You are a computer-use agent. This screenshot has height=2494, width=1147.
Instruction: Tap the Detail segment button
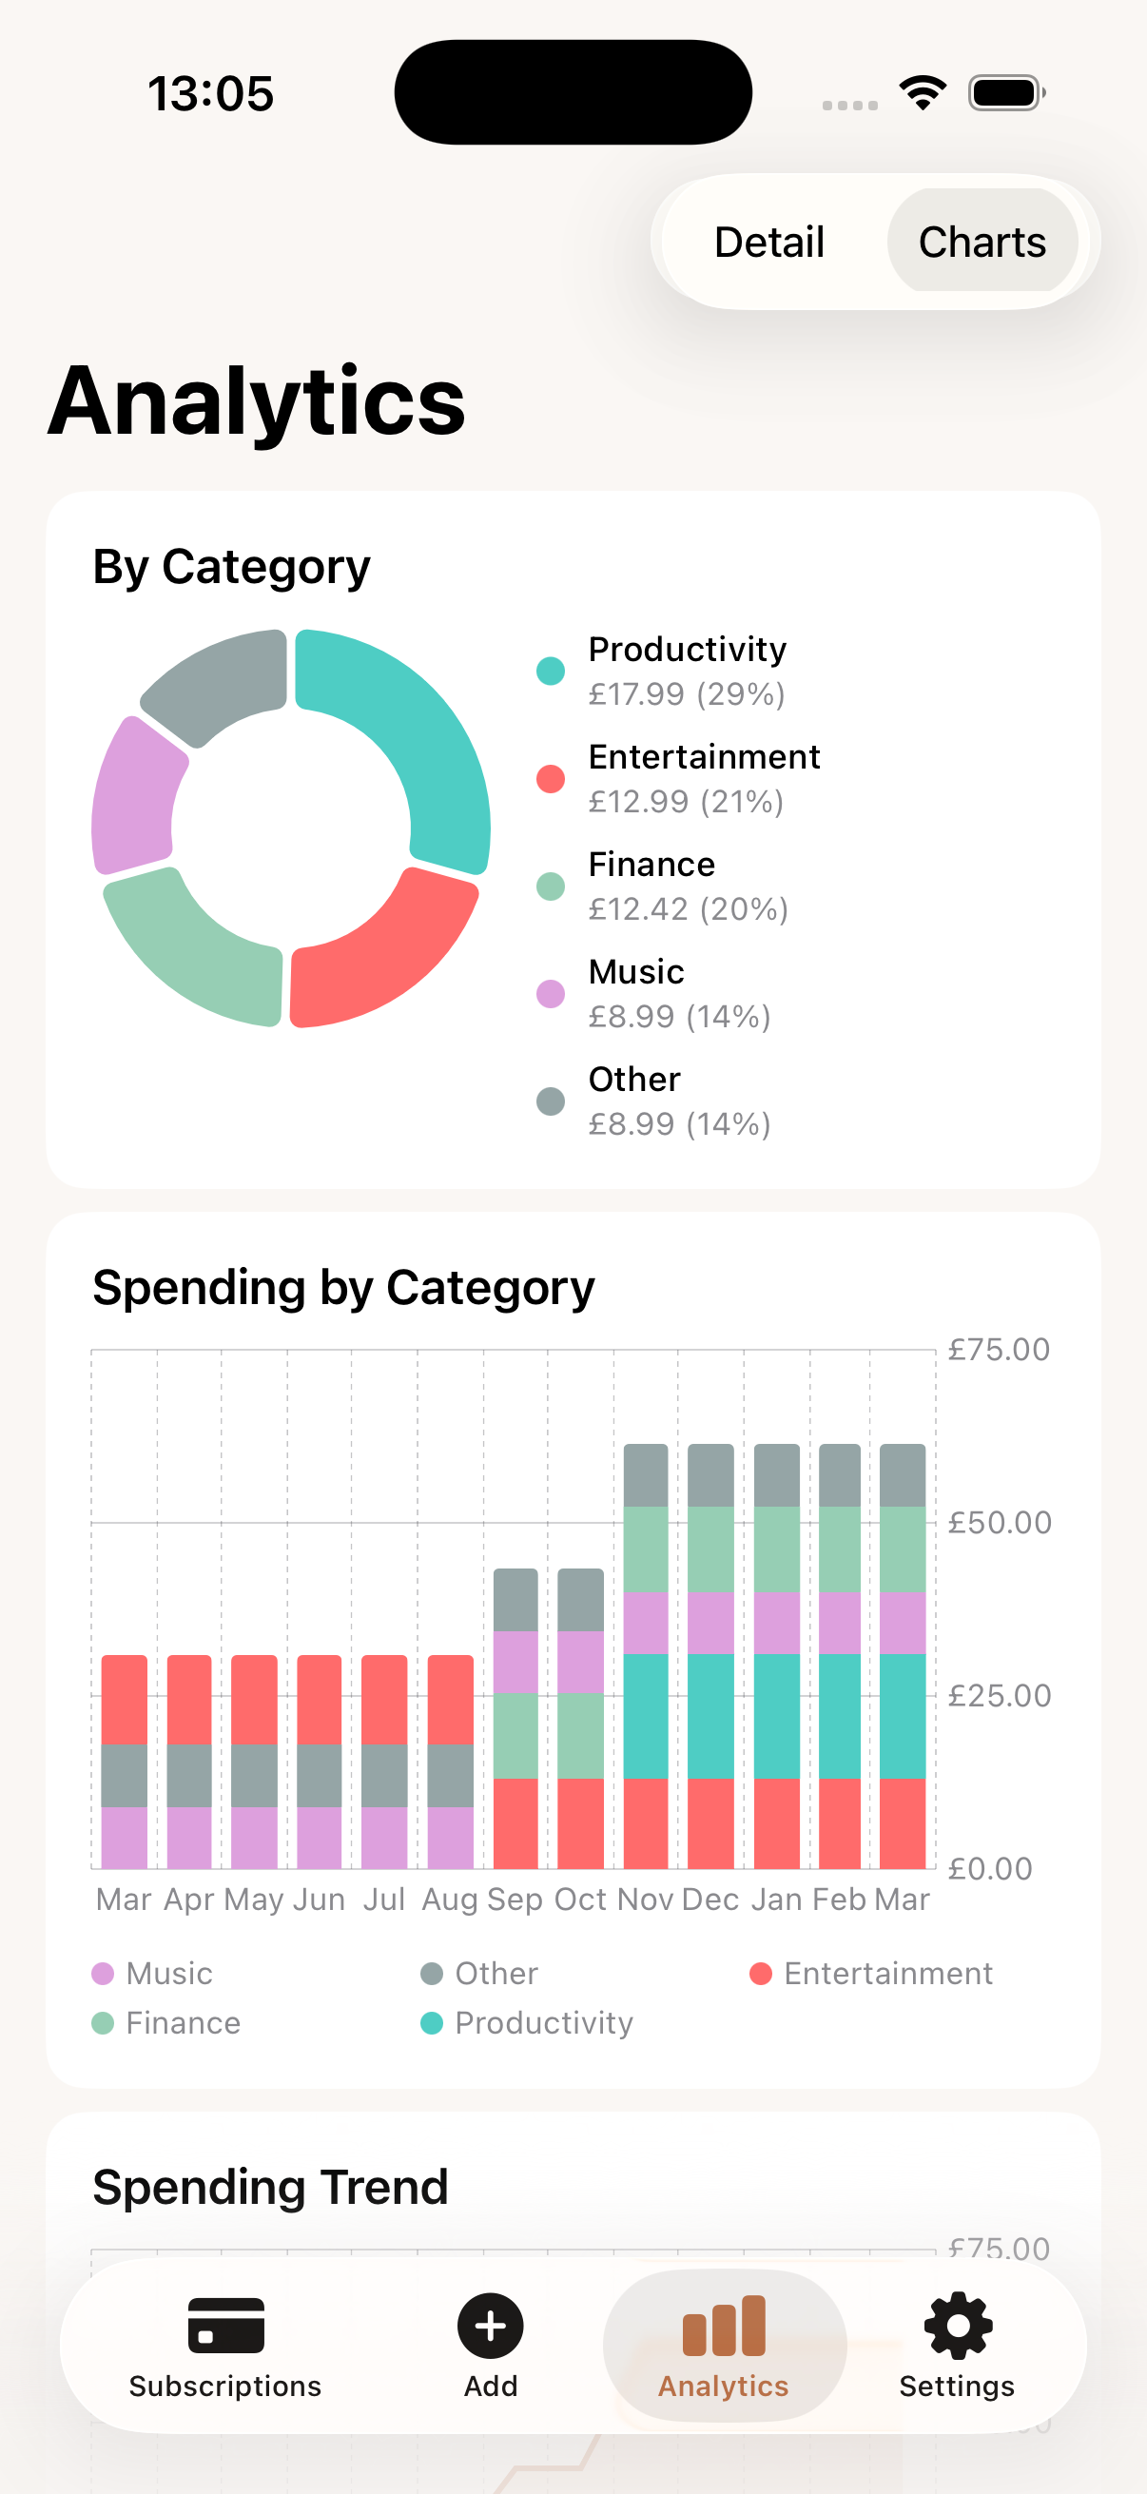(769, 242)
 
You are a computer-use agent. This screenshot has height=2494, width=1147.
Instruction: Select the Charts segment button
(982, 242)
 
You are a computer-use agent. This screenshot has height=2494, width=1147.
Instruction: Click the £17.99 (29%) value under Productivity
(687, 694)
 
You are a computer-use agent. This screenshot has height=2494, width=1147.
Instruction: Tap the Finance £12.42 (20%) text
(689, 909)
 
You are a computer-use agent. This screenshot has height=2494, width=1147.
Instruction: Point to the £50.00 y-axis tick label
(999, 1523)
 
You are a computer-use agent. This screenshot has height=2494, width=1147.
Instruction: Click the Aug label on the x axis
(450, 1900)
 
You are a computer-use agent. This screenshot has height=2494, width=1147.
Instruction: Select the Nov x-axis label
(645, 1900)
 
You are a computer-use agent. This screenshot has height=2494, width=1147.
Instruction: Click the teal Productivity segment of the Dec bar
(710, 1716)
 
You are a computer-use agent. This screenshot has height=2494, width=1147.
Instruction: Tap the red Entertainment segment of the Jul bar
(384, 1699)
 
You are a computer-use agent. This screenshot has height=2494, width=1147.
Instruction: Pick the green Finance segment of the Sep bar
(515, 1736)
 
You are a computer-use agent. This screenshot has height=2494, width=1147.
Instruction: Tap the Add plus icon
(491, 2326)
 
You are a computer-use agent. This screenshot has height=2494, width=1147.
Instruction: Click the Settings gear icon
(958, 2326)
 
